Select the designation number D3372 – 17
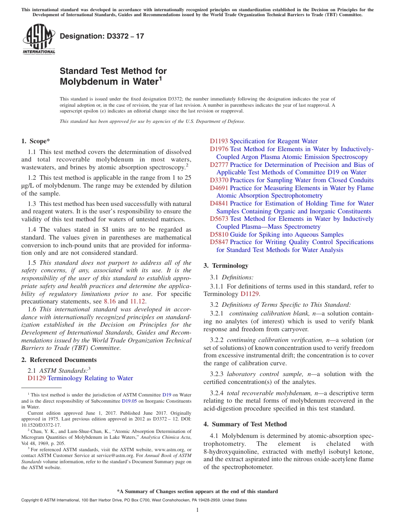coord(102,36)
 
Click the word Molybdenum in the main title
coord(89,82)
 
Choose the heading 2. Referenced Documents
coord(59,360)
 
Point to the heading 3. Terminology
coord(226,266)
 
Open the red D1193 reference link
coord(219,141)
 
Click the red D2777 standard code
coord(219,165)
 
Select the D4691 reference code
coord(219,188)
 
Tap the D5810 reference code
coord(219,235)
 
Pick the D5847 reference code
coord(219,242)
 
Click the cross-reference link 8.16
coord(110,302)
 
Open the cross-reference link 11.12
coord(138,302)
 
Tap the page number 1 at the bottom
coord(197,510)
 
